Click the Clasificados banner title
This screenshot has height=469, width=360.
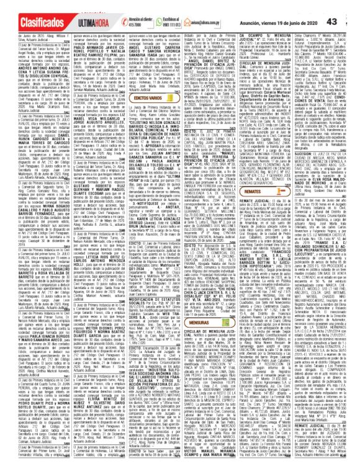point(28,8)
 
